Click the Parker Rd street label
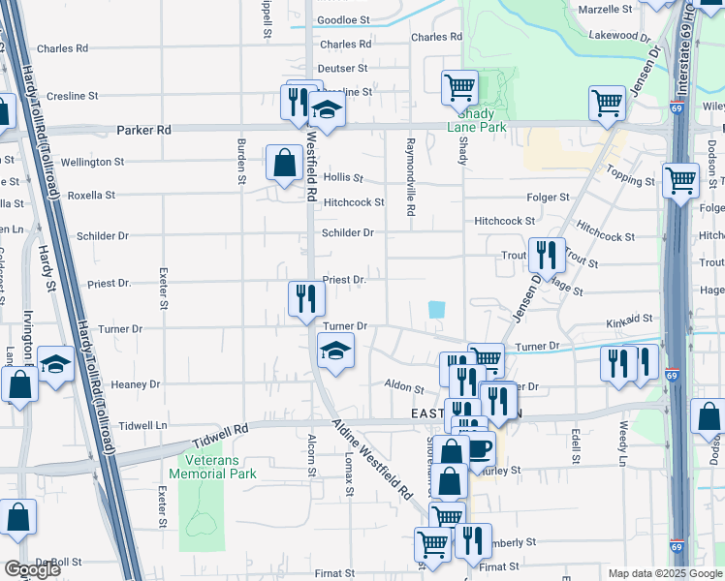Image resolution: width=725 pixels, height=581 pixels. tap(143, 129)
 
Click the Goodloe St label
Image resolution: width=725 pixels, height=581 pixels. tap(343, 19)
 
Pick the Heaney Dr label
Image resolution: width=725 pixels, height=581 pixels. tap(136, 384)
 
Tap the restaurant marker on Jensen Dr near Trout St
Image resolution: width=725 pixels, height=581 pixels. tap(547, 256)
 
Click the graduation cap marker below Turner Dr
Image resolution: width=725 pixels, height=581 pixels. tap(335, 351)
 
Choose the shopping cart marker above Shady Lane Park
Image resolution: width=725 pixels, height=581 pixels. tap(459, 87)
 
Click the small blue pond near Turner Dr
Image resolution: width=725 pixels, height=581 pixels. tap(437, 310)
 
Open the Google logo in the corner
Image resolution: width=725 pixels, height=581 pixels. tap(32, 569)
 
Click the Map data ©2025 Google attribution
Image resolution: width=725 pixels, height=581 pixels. tap(664, 573)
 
